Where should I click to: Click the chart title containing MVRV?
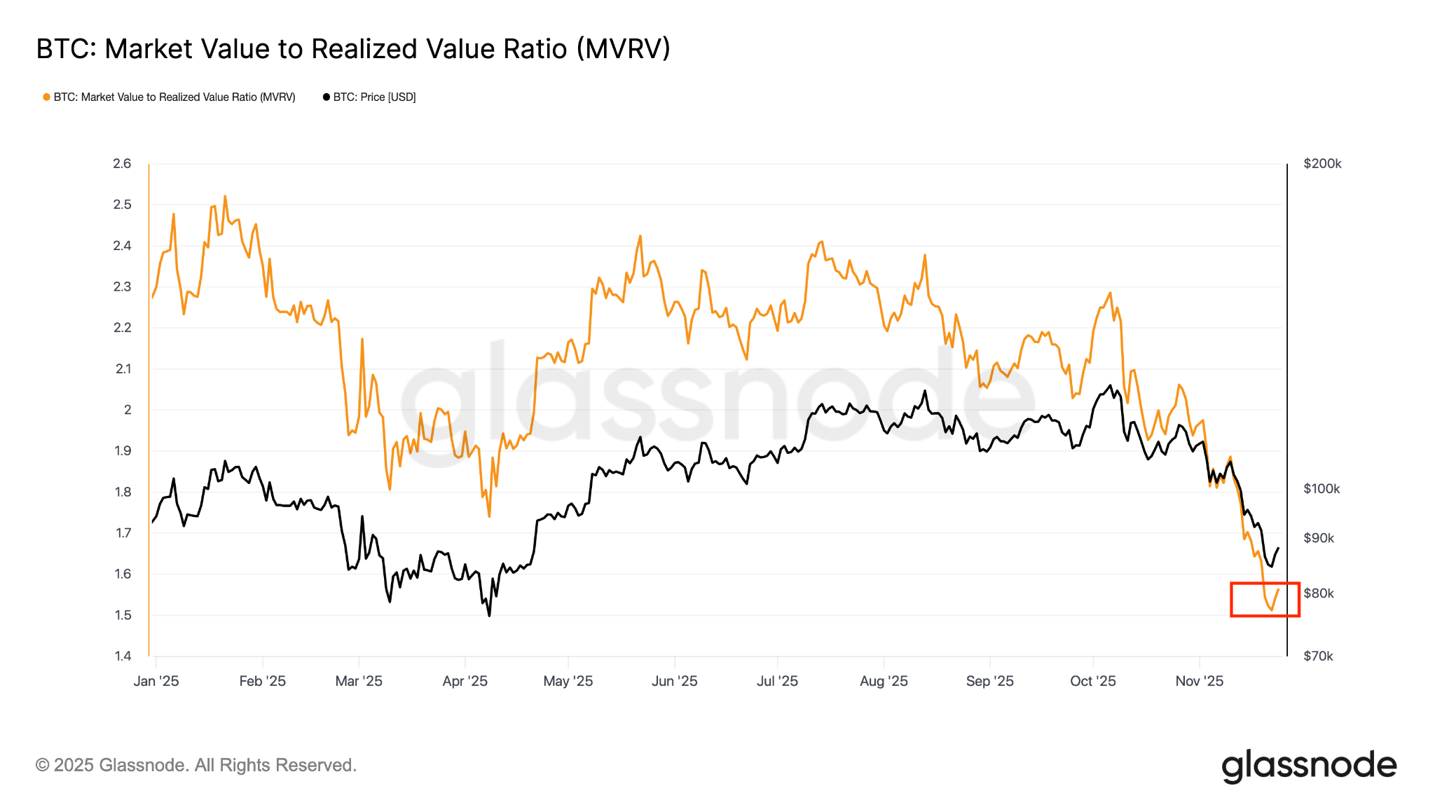pyautogui.click(x=353, y=49)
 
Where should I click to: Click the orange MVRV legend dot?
pyautogui.click(x=46, y=97)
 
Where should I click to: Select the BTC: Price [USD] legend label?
pyautogui.click(x=374, y=97)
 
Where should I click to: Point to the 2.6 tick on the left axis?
pyautogui.click(x=122, y=164)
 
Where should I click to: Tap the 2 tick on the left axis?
pyautogui.click(x=128, y=410)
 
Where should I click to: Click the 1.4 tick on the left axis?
pyautogui.click(x=123, y=656)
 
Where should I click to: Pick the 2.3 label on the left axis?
pyautogui.click(x=122, y=287)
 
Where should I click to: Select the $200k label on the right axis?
pyautogui.click(x=1322, y=164)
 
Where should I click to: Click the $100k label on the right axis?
pyautogui.click(x=1321, y=489)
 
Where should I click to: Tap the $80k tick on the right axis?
pyautogui.click(x=1319, y=593)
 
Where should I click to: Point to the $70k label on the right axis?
pyautogui.click(x=1319, y=656)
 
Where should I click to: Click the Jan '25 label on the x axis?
pyautogui.click(x=156, y=681)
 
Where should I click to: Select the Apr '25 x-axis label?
pyautogui.click(x=465, y=681)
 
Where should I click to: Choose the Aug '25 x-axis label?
pyautogui.click(x=884, y=681)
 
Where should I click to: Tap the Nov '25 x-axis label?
pyautogui.click(x=1200, y=681)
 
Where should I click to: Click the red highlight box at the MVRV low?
pyautogui.click(x=1265, y=600)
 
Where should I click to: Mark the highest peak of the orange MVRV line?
pyautogui.click(x=225, y=197)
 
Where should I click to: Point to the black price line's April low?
pyautogui.click(x=489, y=615)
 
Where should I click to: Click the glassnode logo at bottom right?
pyautogui.click(x=1309, y=766)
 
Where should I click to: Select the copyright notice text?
pyautogui.click(x=196, y=765)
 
